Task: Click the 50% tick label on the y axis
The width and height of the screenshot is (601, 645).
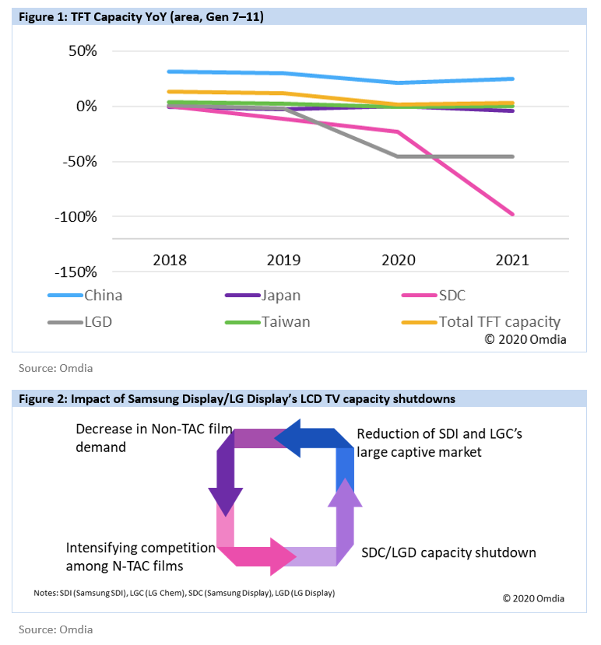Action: point(83,51)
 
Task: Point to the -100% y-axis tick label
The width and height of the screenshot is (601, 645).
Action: point(76,216)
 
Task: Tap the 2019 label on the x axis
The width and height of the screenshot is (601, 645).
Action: point(283,260)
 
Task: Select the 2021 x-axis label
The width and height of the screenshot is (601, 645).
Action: point(512,260)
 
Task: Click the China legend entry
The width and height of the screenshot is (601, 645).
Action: point(85,296)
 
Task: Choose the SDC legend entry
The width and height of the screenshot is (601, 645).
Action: point(434,296)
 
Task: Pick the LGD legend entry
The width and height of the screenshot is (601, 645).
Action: point(80,321)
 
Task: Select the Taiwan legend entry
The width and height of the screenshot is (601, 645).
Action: point(268,321)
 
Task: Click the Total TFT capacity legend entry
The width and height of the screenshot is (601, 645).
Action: point(481,321)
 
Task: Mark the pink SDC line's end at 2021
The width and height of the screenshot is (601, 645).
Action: point(512,214)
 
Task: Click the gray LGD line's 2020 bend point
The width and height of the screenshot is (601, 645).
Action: point(398,156)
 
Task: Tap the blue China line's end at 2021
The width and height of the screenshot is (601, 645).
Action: point(512,79)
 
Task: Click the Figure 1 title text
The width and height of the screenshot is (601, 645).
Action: point(141,17)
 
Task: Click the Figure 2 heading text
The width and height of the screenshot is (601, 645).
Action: point(237,398)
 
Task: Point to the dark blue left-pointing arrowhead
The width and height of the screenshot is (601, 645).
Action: point(287,439)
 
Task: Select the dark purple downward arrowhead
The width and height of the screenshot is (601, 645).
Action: point(226,502)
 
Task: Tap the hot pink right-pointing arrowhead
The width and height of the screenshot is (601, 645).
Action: point(283,556)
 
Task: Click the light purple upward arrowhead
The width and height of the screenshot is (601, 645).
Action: point(345,493)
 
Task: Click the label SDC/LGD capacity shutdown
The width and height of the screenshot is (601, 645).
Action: point(448,552)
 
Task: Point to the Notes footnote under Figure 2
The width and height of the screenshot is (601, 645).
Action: point(185,593)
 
